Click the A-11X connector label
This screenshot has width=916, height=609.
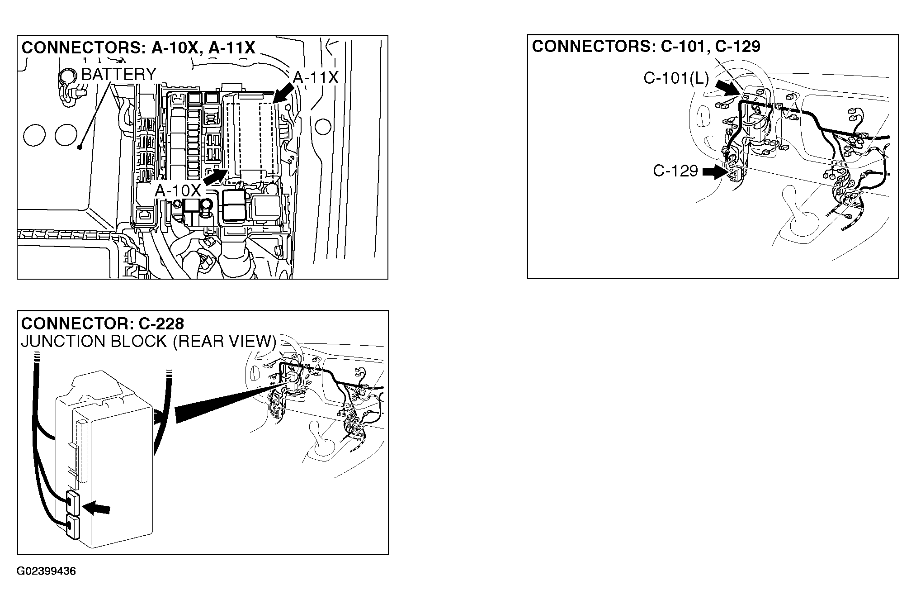[316, 77]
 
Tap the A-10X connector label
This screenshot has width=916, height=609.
[178, 191]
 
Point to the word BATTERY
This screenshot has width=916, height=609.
[119, 74]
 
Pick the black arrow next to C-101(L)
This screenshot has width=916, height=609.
[726, 87]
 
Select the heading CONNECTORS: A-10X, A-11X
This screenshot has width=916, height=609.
[138, 48]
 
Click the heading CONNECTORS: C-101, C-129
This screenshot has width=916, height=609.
[646, 46]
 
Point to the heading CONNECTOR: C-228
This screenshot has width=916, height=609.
[103, 324]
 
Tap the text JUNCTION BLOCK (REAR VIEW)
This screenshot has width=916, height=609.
[148, 341]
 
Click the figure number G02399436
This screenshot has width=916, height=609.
[46, 571]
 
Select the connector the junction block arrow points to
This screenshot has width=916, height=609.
[73, 503]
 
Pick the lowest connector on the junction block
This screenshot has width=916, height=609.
[73, 528]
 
